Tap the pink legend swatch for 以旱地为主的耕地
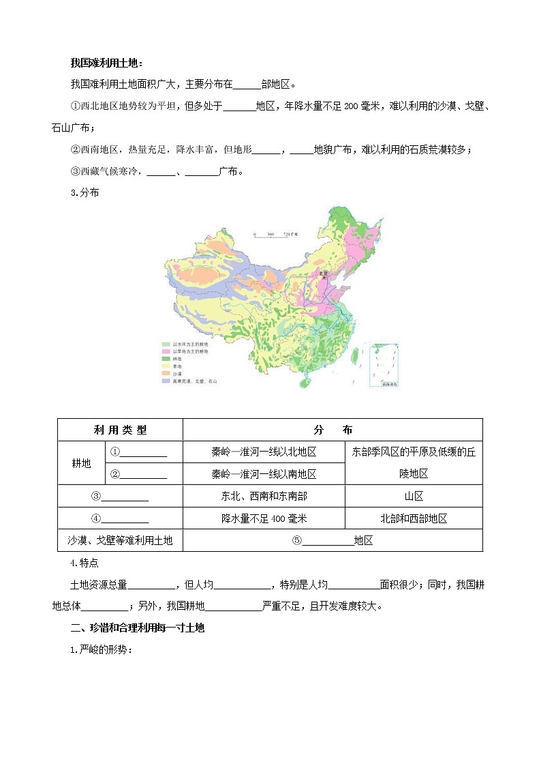166,351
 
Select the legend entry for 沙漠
174,373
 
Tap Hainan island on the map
303,384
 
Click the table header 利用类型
120,430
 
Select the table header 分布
333,430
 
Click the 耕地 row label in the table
81,462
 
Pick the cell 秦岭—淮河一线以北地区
264,452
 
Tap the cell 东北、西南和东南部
264,496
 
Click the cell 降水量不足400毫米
264,518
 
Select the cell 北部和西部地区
414,518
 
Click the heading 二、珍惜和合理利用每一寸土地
138,628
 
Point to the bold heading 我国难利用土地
107,63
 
